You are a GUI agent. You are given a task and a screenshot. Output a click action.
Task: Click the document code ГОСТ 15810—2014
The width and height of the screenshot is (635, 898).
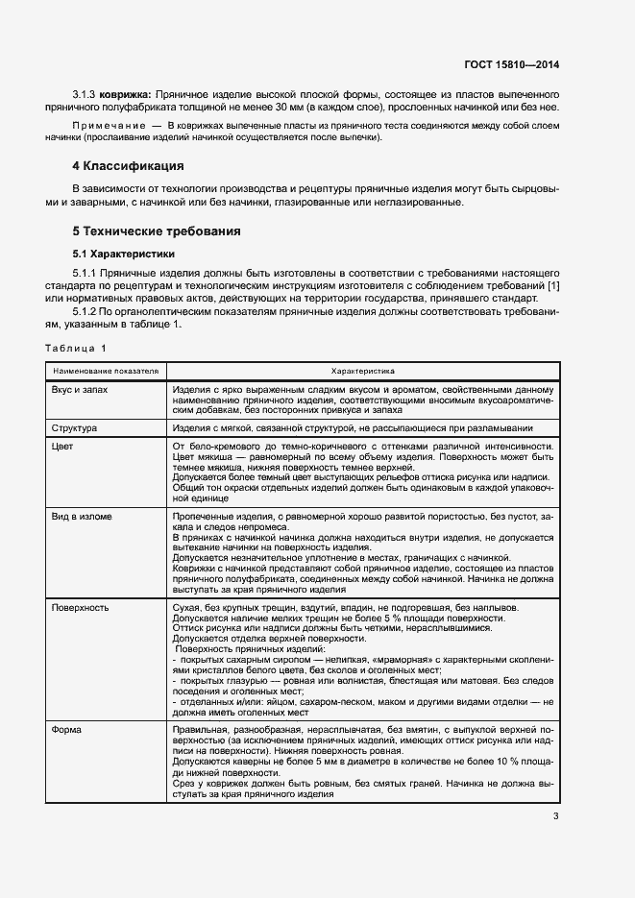click(x=510, y=64)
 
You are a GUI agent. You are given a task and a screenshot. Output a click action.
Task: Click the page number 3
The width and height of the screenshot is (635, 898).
click(x=555, y=816)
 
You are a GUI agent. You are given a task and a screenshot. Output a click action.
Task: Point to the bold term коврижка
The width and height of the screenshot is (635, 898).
click(x=126, y=94)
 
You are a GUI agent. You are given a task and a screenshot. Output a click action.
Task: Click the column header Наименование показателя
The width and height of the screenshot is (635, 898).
click(x=106, y=370)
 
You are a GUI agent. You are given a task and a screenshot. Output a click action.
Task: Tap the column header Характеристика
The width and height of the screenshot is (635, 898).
click(x=362, y=370)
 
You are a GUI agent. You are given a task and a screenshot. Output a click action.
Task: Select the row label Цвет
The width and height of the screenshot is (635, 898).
click(x=62, y=447)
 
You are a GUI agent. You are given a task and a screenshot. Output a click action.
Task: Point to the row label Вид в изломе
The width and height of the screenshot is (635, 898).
click(x=82, y=517)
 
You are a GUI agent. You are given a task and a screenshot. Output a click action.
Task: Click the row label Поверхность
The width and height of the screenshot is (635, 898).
click(x=80, y=608)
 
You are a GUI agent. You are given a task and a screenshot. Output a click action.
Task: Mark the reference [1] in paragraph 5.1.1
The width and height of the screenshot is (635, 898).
click(x=551, y=287)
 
